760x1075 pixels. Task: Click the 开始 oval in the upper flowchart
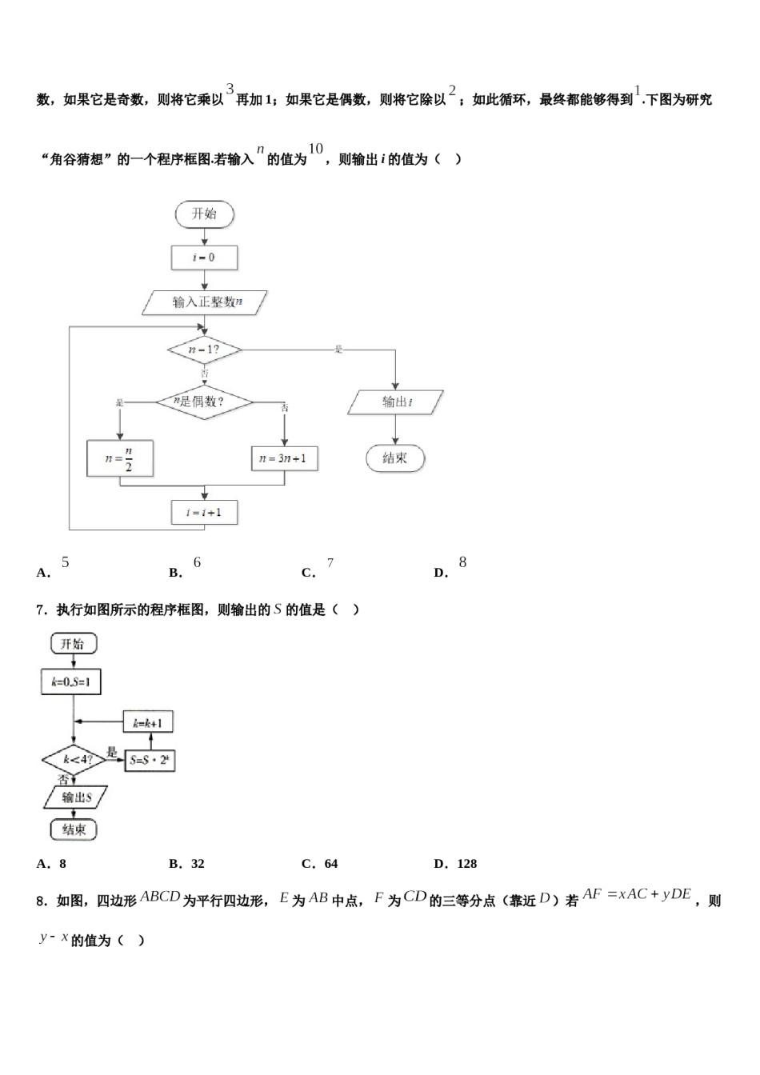pos(204,214)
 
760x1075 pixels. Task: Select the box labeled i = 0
pos(204,258)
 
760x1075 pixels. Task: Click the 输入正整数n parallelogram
pos(205,302)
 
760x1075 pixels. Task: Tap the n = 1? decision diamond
pos(204,350)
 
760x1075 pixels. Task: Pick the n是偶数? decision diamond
pos(203,402)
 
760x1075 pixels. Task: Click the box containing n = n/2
pos(119,459)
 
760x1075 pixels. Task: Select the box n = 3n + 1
pos(284,458)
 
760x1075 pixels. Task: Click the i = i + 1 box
pos(204,512)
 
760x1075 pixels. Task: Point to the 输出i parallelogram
pos(395,402)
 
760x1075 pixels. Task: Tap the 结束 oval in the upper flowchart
pos(395,458)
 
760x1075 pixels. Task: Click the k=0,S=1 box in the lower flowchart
pos(71,681)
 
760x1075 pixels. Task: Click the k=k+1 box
pos(148,723)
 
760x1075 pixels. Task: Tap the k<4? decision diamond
pos(74,759)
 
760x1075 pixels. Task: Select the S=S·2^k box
pos(150,760)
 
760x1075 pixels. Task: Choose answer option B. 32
pos(187,864)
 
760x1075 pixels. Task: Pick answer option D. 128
pos(455,864)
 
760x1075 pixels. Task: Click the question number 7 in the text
pos(40,610)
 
